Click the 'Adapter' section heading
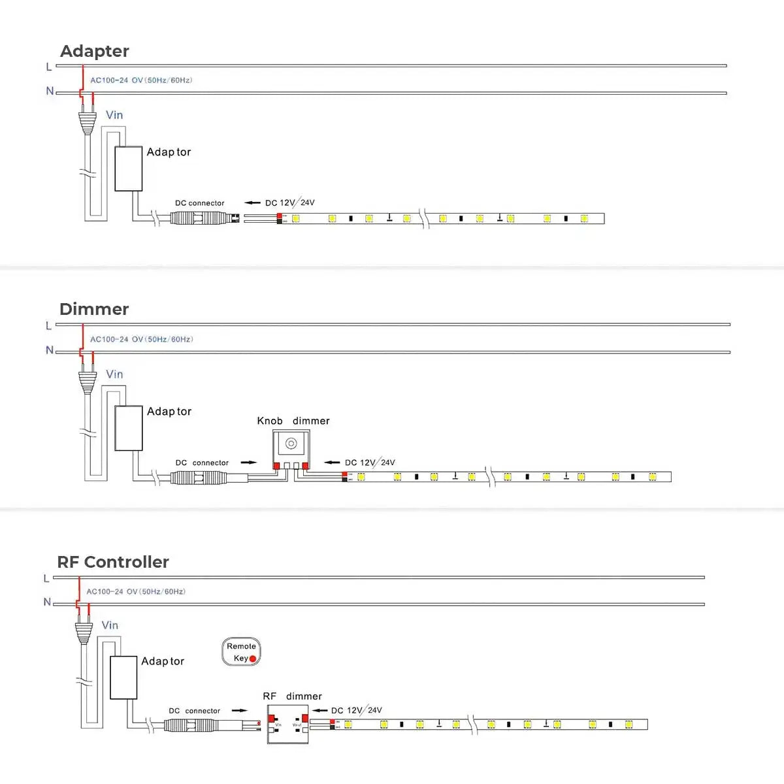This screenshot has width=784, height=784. pyautogui.click(x=94, y=51)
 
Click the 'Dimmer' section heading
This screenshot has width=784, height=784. pyautogui.click(x=93, y=309)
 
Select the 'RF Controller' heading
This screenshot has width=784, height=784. pyautogui.click(x=112, y=562)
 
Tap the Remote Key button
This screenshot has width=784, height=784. pyautogui.click(x=241, y=652)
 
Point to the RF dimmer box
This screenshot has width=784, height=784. pyautogui.click(x=287, y=723)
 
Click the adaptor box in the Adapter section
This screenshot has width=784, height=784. pyautogui.click(x=129, y=169)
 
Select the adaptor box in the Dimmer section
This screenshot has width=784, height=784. pyautogui.click(x=129, y=428)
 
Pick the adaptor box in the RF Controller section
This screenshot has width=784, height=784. pyautogui.click(x=123, y=678)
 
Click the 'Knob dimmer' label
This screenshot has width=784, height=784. pyautogui.click(x=293, y=421)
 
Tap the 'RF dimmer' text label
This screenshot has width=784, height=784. pyautogui.click(x=292, y=696)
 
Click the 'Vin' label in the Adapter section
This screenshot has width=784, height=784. pyautogui.click(x=114, y=115)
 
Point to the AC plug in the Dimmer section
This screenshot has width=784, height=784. pyautogui.click(x=88, y=382)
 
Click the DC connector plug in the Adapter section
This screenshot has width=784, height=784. pyautogui.click(x=200, y=218)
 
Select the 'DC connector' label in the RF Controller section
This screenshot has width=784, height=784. pyautogui.click(x=194, y=711)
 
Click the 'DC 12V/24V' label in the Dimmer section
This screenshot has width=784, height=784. pyautogui.click(x=370, y=463)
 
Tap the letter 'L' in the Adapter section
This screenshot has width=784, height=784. pyautogui.click(x=49, y=67)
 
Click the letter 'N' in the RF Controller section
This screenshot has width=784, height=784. pyautogui.click(x=47, y=602)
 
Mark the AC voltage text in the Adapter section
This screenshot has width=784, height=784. pyautogui.click(x=141, y=80)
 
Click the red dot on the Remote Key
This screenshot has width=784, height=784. pyautogui.click(x=253, y=659)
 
